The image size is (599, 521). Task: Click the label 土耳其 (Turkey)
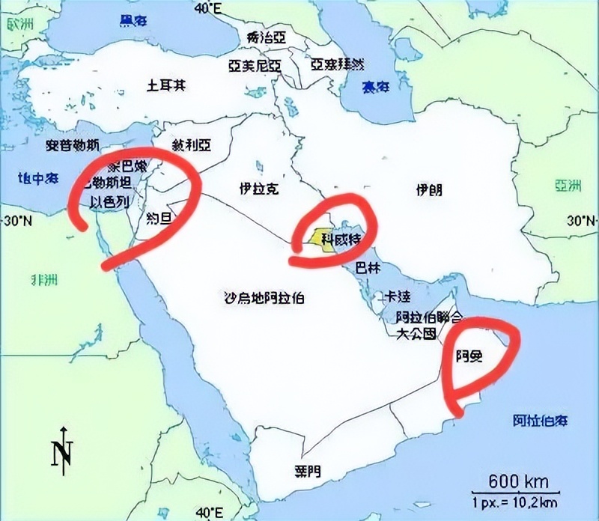coord(166,84)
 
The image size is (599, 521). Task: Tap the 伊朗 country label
coord(429,190)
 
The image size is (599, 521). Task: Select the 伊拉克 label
coord(259,189)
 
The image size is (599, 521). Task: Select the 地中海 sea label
coord(38,177)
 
